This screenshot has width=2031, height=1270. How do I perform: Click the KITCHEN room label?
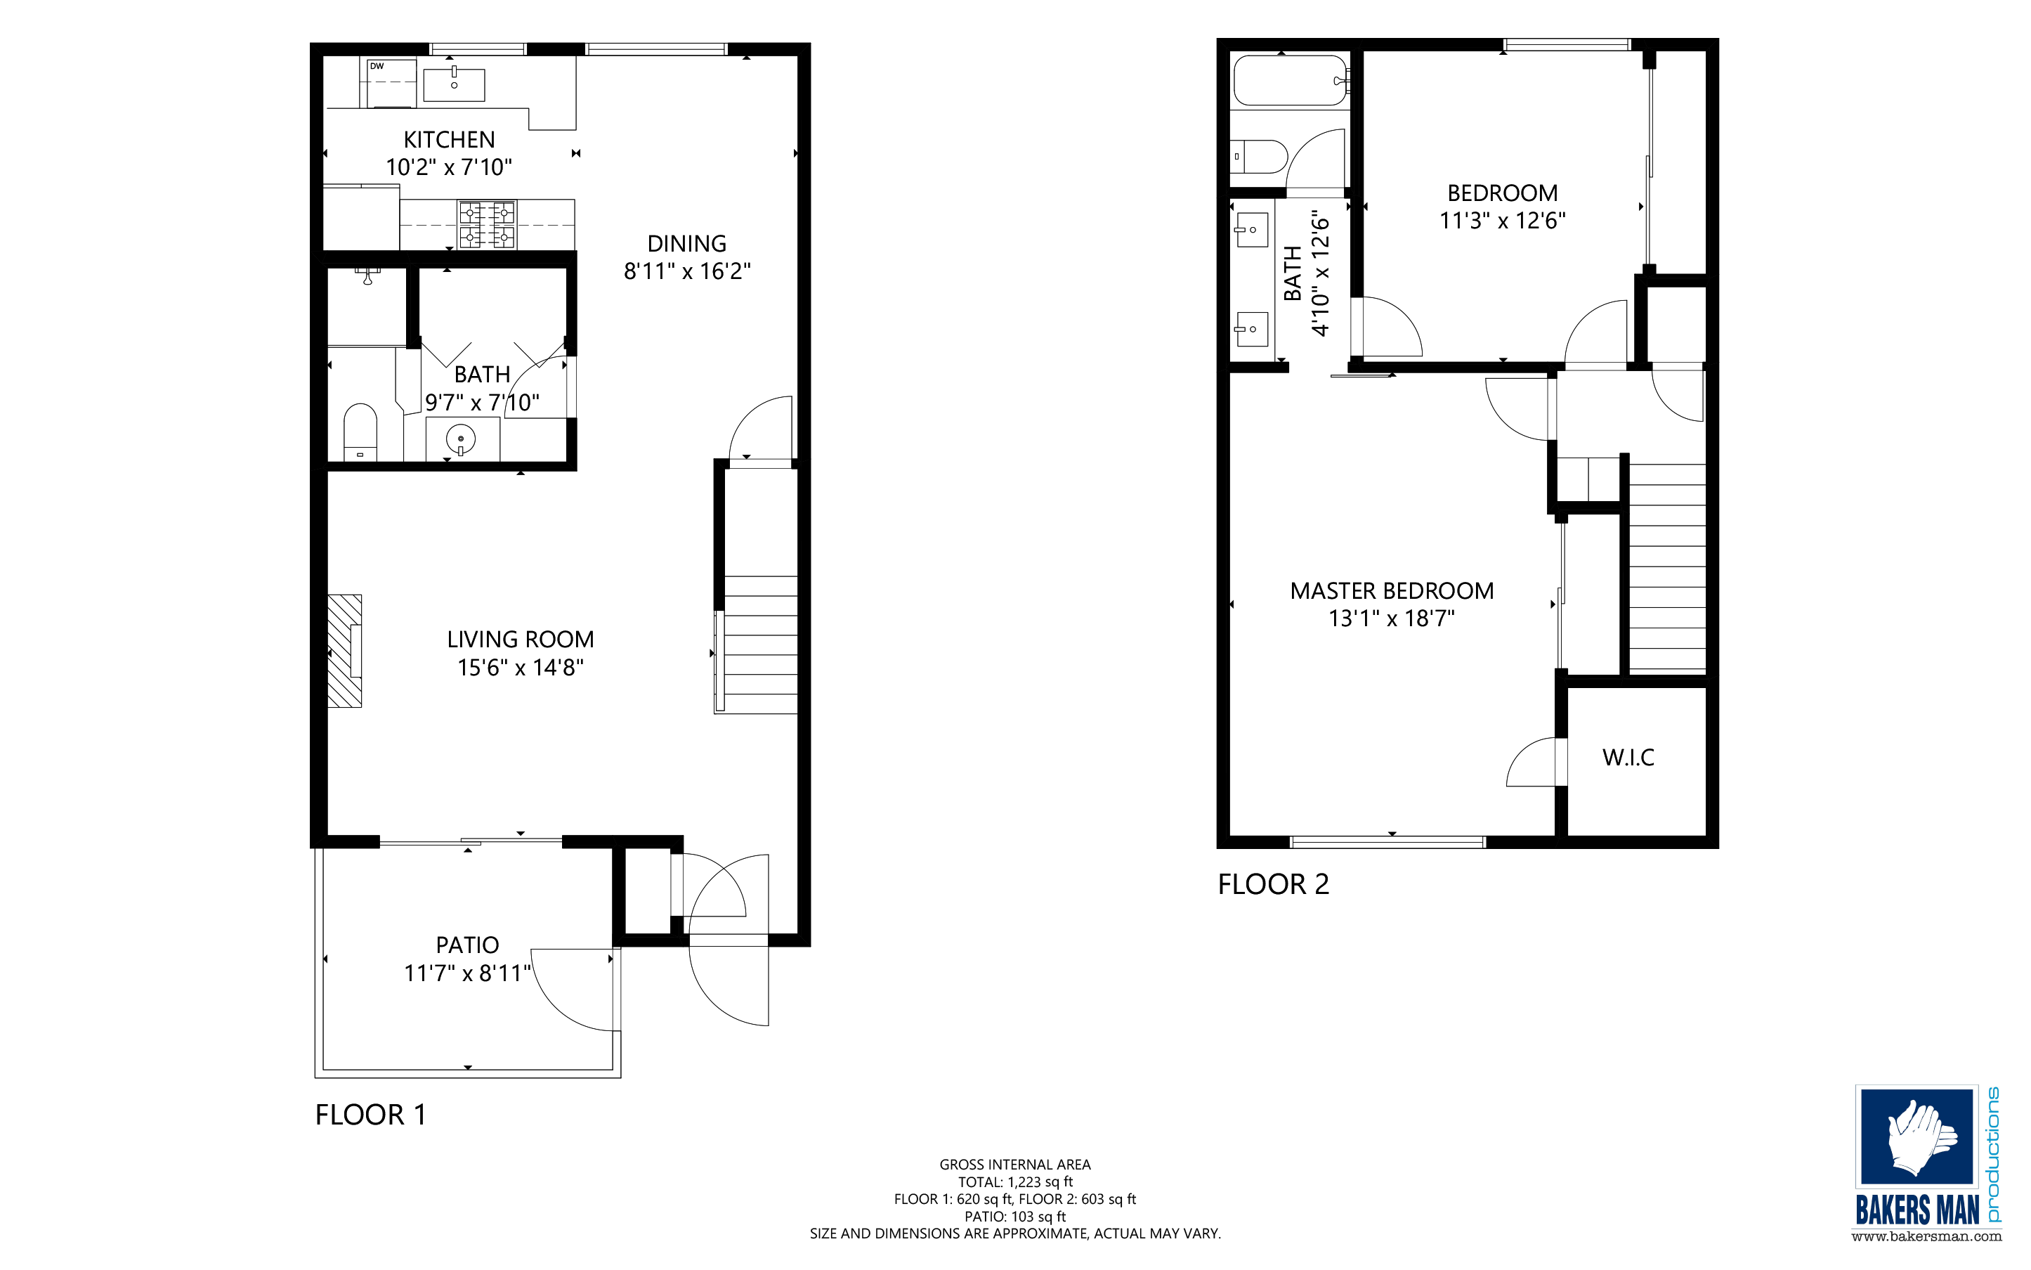449,139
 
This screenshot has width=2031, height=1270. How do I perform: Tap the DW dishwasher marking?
377,66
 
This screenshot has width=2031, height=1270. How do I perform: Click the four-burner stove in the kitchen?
486,225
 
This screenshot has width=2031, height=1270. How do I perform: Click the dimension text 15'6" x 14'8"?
520,668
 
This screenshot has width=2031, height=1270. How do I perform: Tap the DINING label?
687,244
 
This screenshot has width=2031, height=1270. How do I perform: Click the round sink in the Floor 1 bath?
460,439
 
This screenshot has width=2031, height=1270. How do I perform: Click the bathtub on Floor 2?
1290,81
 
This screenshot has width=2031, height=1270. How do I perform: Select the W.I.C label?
1628,758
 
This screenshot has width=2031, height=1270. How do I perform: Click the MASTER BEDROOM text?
1391,591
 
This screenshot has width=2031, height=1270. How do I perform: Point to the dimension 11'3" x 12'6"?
1502,221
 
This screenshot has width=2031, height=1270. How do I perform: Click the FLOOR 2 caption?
1273,884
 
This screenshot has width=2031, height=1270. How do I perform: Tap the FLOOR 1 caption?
370,1115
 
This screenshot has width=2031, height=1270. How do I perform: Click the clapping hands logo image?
1916,1136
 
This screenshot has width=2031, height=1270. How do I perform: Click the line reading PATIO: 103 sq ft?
1014,1217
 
